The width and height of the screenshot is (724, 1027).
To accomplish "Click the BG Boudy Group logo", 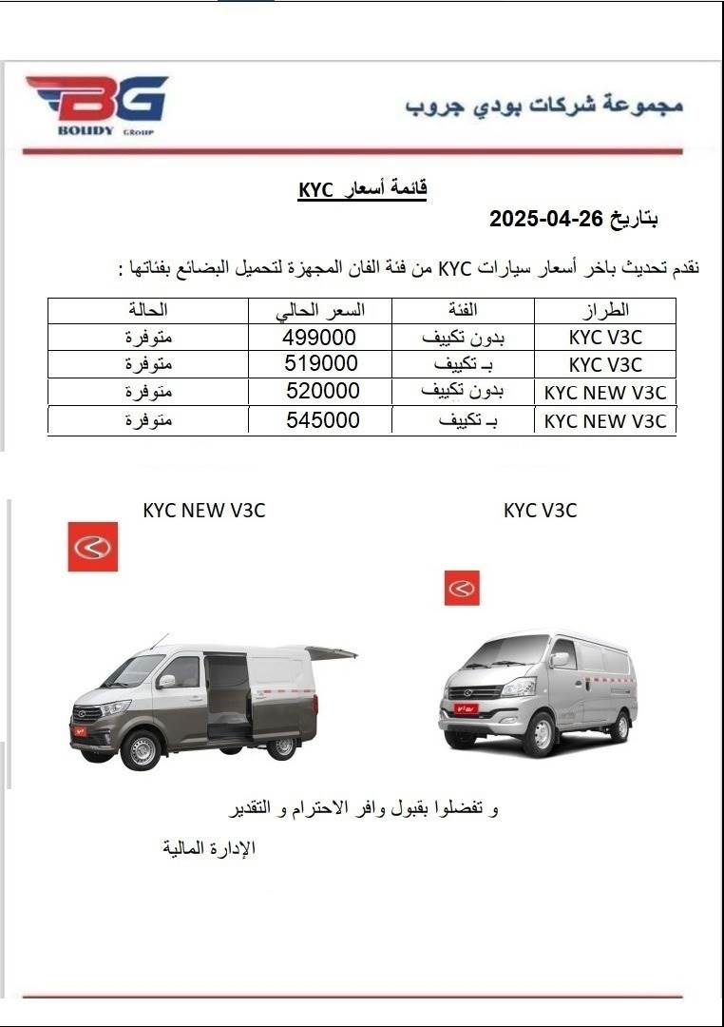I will tap(96, 105).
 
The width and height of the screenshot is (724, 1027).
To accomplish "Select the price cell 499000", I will tap(319, 338).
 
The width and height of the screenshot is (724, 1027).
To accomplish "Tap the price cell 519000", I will tap(321, 364).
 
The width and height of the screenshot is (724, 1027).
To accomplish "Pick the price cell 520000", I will tap(323, 392).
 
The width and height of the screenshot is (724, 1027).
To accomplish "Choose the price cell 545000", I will tap(323, 419).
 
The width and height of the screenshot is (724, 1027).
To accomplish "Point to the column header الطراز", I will tap(604, 311).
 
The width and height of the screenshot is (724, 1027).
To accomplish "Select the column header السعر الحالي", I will tap(320, 311).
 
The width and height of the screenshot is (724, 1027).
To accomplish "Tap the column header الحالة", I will tap(147, 311).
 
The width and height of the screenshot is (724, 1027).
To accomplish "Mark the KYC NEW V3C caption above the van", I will tap(204, 511).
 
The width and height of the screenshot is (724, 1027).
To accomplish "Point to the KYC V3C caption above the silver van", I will tap(540, 511).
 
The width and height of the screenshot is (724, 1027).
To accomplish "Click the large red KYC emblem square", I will tap(93, 547).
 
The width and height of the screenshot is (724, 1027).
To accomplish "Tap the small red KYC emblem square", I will tap(462, 589).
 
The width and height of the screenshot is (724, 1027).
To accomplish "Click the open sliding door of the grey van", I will tap(228, 694).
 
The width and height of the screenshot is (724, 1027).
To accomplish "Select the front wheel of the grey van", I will tap(140, 750).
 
